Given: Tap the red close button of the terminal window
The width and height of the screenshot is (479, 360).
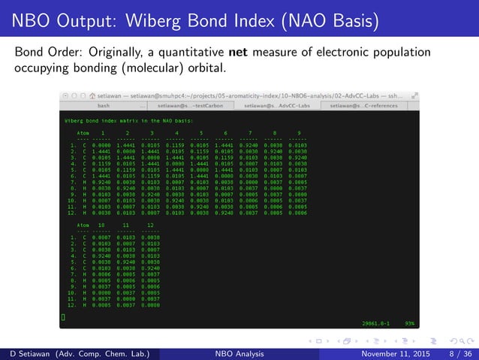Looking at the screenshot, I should click(65, 96).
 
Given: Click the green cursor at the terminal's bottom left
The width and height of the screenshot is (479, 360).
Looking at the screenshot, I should click(64, 319).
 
